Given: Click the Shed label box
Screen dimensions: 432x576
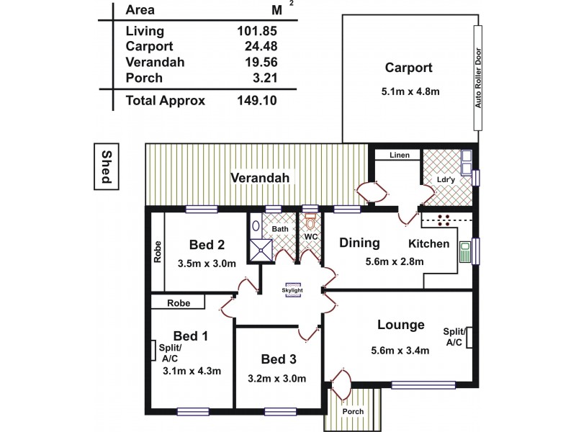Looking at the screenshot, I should (105, 167).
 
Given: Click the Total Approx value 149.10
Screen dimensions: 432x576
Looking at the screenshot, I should (257, 102).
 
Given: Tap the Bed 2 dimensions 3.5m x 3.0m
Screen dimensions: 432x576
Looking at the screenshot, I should (207, 264).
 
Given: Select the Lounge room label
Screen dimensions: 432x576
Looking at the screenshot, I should (401, 325).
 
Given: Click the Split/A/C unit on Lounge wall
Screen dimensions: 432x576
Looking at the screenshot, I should (469, 337).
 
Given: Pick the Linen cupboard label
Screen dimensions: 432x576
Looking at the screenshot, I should (400, 156).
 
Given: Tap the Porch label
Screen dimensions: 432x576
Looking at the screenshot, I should (353, 412).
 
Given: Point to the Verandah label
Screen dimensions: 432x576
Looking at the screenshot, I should (259, 178).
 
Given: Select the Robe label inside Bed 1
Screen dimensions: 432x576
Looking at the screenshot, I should (179, 303).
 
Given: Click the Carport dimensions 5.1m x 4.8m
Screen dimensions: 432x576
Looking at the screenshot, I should (408, 92).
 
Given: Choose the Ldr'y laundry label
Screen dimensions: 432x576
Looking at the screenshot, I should (444, 179).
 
